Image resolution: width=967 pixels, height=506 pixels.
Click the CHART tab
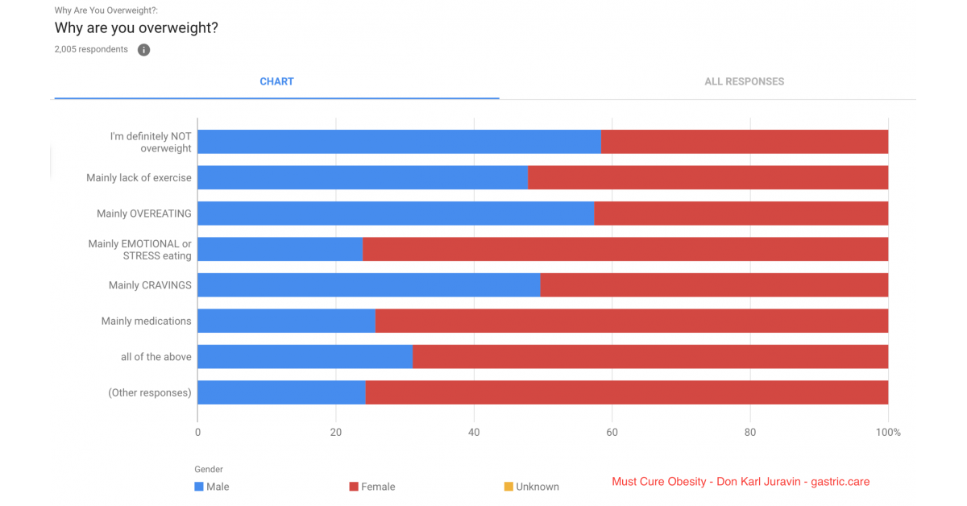coord(276,81)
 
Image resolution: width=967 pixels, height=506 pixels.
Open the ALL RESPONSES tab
coord(745,81)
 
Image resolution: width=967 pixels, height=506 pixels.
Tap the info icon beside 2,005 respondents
coord(143,50)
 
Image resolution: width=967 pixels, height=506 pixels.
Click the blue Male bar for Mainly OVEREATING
coord(396,214)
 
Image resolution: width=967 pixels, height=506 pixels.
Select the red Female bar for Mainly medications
coord(632,321)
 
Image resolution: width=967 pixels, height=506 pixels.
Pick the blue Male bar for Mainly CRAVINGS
coord(369,285)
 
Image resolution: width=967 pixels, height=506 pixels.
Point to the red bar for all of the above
coord(650,357)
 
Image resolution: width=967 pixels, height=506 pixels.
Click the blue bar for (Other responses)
coord(281,392)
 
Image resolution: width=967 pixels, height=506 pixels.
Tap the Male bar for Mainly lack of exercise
coord(363,177)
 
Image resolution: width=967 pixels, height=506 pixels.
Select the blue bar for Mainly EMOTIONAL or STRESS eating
coord(280,249)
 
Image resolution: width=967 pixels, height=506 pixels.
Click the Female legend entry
coord(372,487)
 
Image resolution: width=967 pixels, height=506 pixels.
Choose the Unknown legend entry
coord(531,487)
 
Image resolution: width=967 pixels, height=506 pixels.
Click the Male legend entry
coord(211,487)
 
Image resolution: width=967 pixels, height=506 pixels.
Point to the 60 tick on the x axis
coord(612,432)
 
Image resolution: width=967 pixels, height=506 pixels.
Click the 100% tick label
coord(888,432)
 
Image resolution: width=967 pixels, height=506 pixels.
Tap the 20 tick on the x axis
coord(335,432)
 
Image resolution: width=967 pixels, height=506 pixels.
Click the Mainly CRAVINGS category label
coord(150,285)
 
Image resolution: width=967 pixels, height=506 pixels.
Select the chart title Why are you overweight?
coord(136,27)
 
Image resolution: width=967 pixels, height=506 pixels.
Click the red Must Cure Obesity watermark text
coord(741,481)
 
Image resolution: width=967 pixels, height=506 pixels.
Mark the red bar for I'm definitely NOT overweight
coord(745,142)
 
